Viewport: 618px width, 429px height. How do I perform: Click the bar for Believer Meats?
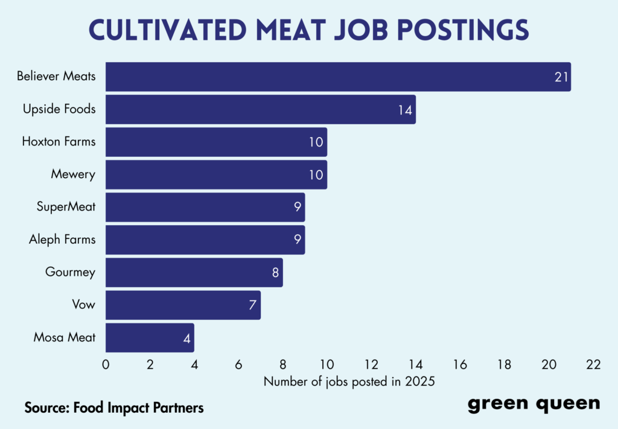[x=338, y=77]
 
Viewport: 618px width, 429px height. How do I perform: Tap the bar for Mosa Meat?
[x=150, y=337]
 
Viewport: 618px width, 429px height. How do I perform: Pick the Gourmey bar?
[x=194, y=272]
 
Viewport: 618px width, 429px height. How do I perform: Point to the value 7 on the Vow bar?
[x=252, y=305]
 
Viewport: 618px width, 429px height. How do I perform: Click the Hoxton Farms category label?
[x=59, y=142]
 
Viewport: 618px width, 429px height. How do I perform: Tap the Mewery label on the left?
[x=73, y=174]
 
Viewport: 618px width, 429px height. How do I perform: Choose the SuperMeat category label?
[x=66, y=207]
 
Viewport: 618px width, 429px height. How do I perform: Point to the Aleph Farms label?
[x=62, y=240]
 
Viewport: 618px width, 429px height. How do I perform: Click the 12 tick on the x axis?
[x=371, y=364]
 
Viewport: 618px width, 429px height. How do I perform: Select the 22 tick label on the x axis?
[x=593, y=364]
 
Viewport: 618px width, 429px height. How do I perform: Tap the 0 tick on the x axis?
[x=106, y=364]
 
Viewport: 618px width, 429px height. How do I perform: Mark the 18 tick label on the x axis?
[x=504, y=364]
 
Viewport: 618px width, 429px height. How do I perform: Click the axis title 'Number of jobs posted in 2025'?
[x=349, y=381]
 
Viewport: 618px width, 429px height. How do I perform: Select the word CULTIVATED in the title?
[x=156, y=30]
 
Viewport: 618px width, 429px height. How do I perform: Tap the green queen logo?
[x=534, y=404]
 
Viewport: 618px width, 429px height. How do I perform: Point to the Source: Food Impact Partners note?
[x=114, y=407]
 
